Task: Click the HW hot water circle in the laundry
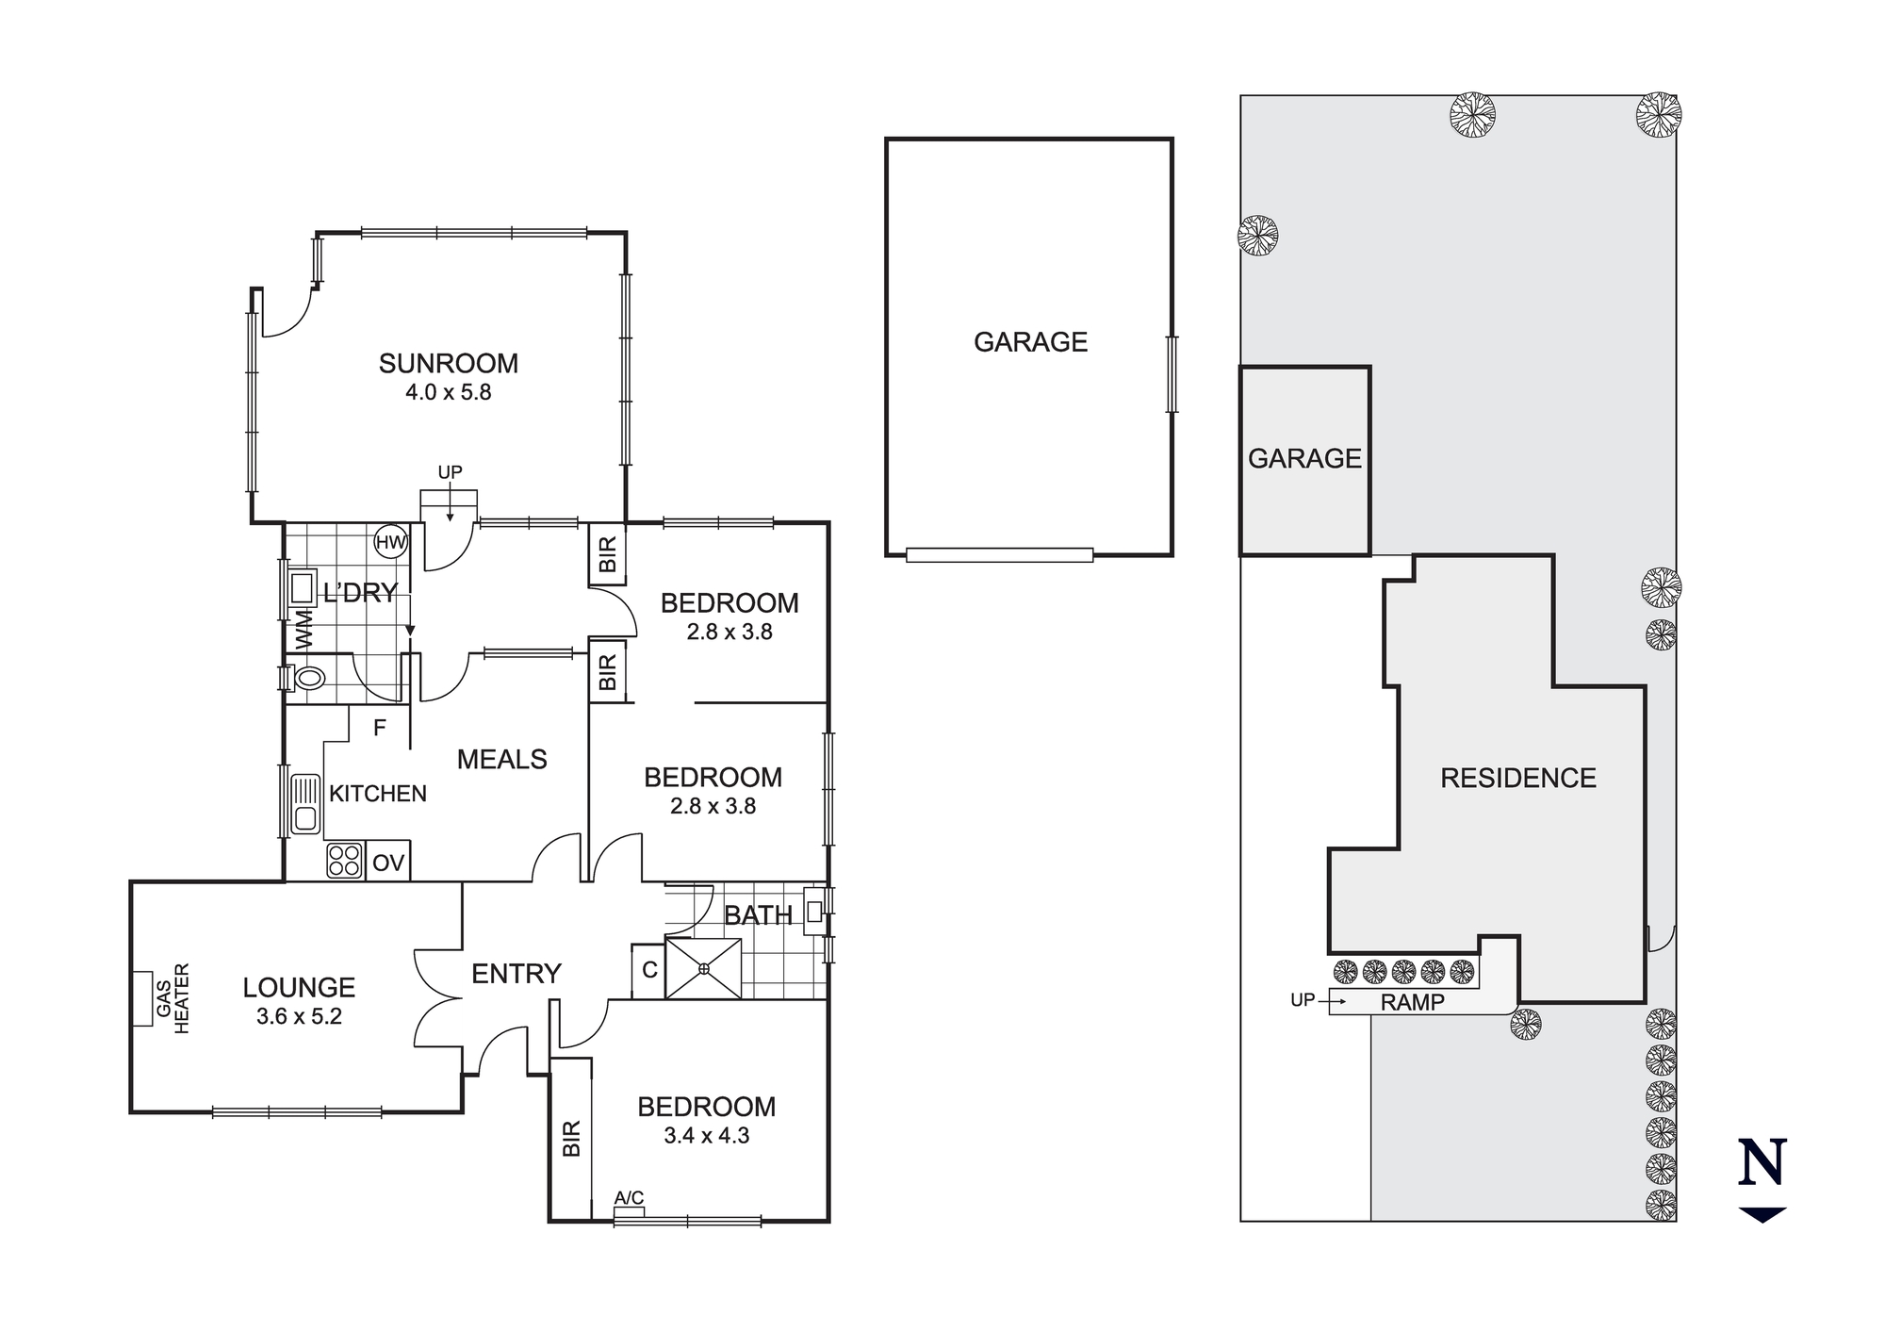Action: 390,542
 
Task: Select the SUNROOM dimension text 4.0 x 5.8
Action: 449,392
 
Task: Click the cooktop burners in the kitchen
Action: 345,861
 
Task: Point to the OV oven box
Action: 388,863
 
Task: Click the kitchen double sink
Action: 304,804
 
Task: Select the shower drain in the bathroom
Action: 704,968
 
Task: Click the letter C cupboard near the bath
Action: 649,970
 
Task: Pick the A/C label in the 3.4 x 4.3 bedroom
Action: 630,1198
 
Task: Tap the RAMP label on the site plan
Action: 1412,1003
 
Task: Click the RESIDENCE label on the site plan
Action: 1518,778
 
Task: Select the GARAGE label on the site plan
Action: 1305,459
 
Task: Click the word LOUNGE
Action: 299,988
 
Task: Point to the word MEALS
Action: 502,760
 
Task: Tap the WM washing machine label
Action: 303,629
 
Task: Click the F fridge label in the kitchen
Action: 380,728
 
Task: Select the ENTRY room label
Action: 516,974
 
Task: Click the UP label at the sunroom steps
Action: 451,472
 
